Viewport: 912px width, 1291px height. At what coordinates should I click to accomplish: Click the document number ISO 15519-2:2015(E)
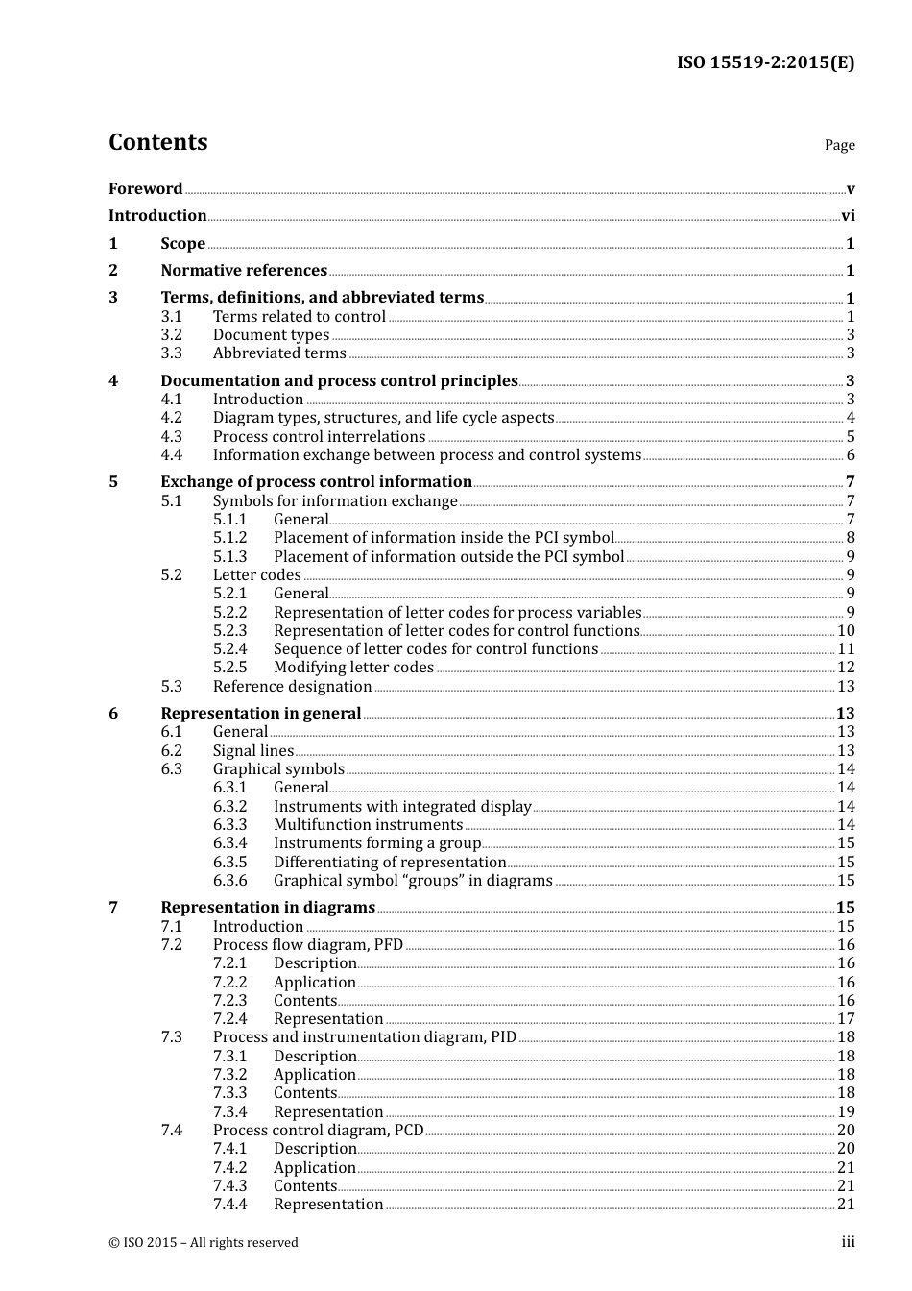tap(765, 63)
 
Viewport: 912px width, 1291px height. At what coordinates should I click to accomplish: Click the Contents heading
tap(157, 142)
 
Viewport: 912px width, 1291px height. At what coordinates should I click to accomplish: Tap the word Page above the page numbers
tap(839, 145)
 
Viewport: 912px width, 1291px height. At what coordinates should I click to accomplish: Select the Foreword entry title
tap(145, 189)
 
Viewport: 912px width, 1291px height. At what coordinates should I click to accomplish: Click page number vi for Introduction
tap(848, 216)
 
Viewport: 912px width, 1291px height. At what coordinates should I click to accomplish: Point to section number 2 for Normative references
tap(113, 271)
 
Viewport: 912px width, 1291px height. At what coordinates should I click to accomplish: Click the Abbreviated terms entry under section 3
tap(279, 353)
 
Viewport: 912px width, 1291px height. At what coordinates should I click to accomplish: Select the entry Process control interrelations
tap(319, 437)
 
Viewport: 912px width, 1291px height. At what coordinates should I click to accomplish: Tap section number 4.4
tap(172, 455)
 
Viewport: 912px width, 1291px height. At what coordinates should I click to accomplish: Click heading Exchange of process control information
tap(316, 482)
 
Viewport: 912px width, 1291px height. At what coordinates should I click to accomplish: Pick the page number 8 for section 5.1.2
tap(851, 538)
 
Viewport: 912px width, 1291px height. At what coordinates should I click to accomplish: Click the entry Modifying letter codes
tap(353, 668)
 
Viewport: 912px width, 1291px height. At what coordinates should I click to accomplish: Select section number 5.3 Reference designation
tap(172, 687)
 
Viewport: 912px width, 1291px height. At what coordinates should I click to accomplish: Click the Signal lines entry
tap(253, 751)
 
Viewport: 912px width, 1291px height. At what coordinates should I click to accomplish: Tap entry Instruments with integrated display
tap(402, 807)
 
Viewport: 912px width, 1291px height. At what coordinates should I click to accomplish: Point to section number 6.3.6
tap(230, 881)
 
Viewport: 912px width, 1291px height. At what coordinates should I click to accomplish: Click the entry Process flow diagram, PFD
tap(308, 945)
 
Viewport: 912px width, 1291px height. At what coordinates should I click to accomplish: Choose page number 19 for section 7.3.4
tap(846, 1112)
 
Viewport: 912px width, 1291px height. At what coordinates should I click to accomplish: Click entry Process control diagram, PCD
tap(318, 1131)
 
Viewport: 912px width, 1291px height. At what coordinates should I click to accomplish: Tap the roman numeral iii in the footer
tap(848, 1242)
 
